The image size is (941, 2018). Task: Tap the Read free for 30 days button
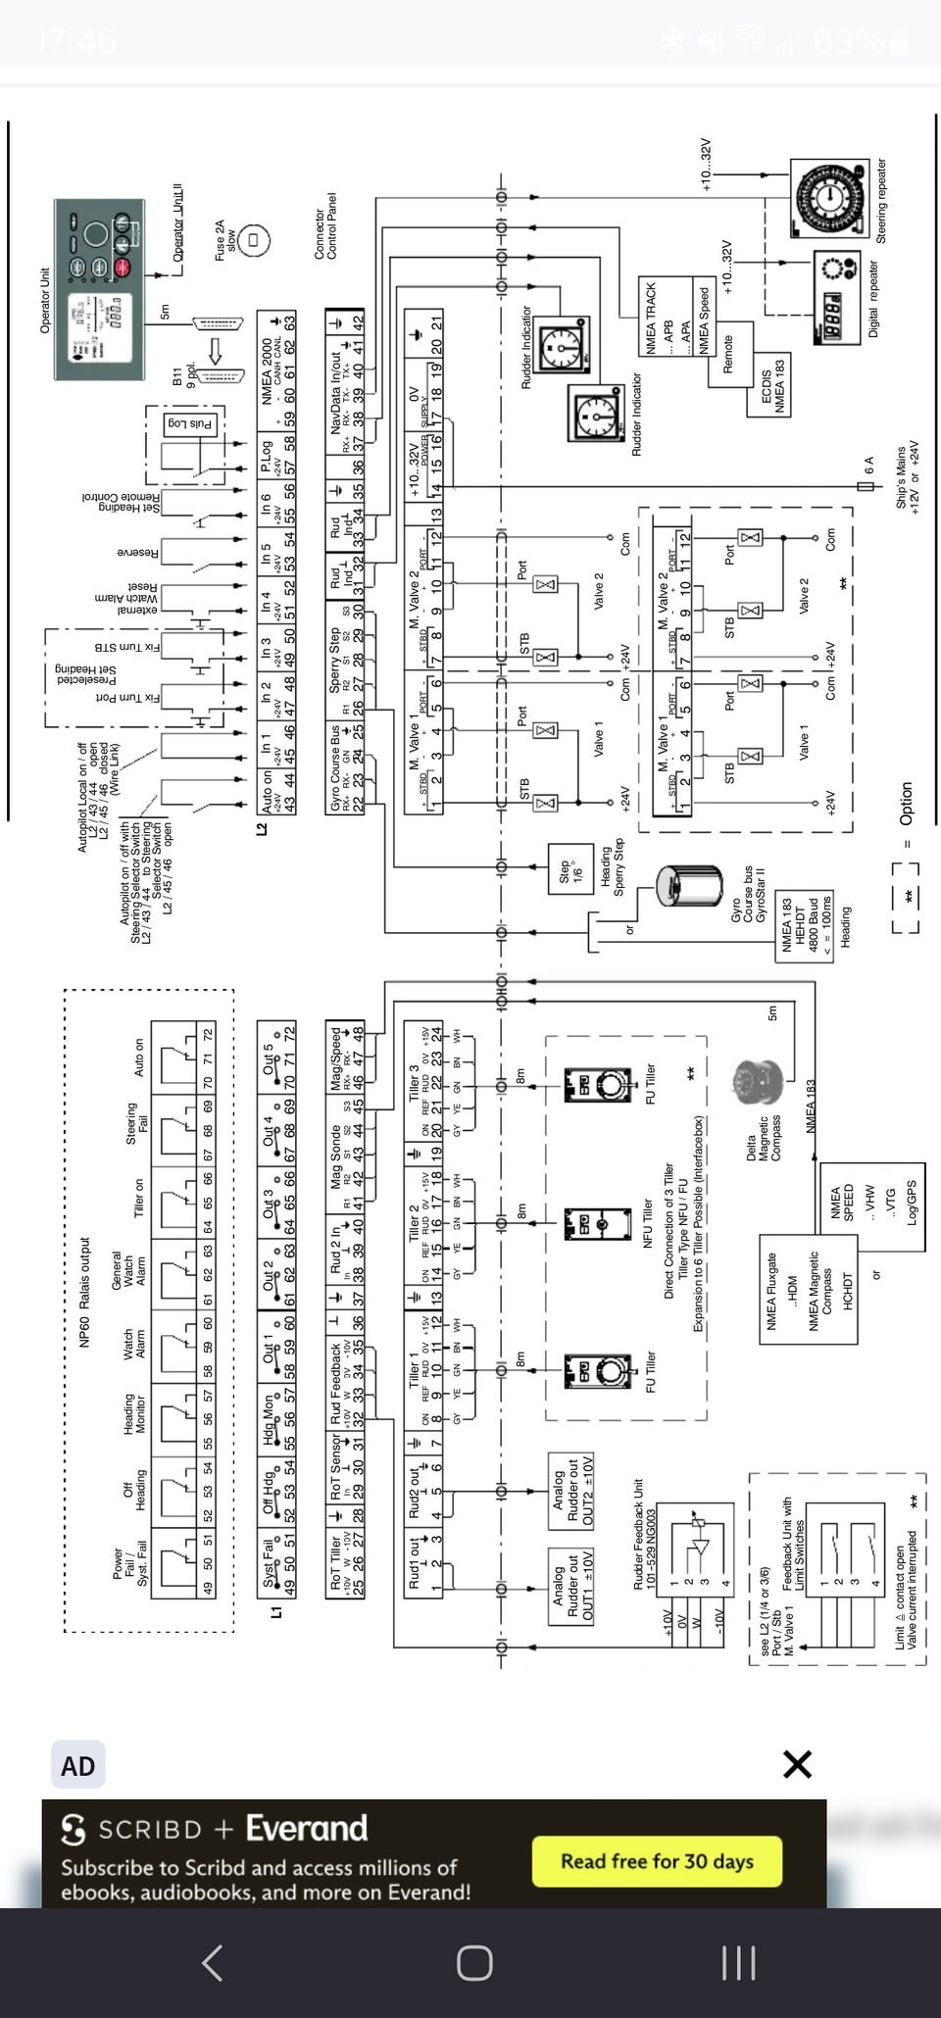click(x=657, y=1860)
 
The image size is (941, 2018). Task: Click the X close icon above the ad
click(x=798, y=1764)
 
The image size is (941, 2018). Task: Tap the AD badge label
click(x=78, y=1766)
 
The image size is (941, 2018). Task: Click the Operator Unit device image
click(x=100, y=291)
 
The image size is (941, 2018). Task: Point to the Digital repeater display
click(x=834, y=297)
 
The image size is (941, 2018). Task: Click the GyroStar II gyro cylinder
click(x=688, y=892)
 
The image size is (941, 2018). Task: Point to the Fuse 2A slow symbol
click(x=253, y=238)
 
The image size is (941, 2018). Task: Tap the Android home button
click(x=474, y=1962)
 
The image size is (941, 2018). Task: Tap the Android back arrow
click(x=212, y=1962)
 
